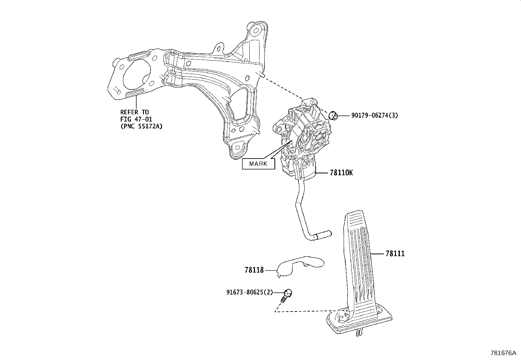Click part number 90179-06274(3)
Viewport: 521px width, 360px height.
375,115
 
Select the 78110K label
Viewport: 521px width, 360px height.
341,173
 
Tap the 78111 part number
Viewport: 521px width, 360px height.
395,254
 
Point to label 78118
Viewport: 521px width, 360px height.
254,270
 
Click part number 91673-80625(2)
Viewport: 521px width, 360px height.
249,292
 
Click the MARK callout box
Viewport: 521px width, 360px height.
258,163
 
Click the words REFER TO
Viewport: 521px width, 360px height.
134,112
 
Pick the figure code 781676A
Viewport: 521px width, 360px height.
503,353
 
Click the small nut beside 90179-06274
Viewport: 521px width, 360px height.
333,115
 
